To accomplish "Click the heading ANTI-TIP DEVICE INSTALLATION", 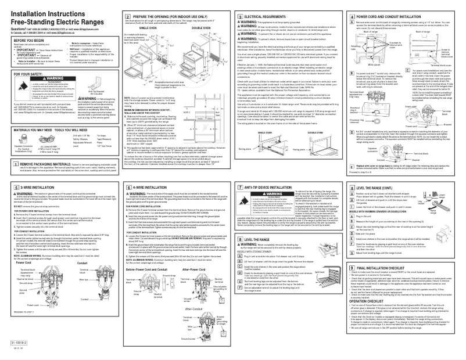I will click(273, 172).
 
